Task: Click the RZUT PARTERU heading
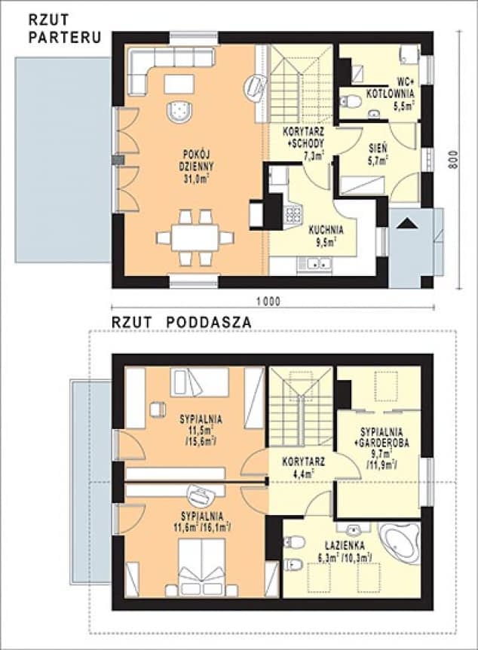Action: (x=64, y=28)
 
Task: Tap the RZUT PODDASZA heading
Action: (x=181, y=323)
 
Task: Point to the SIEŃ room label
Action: (x=378, y=152)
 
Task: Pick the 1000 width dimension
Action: (x=268, y=302)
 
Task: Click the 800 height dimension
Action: (x=454, y=159)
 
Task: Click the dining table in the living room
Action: (x=195, y=238)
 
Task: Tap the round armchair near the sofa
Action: (x=179, y=110)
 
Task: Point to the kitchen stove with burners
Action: (x=293, y=214)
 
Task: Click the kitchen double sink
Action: (x=314, y=264)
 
